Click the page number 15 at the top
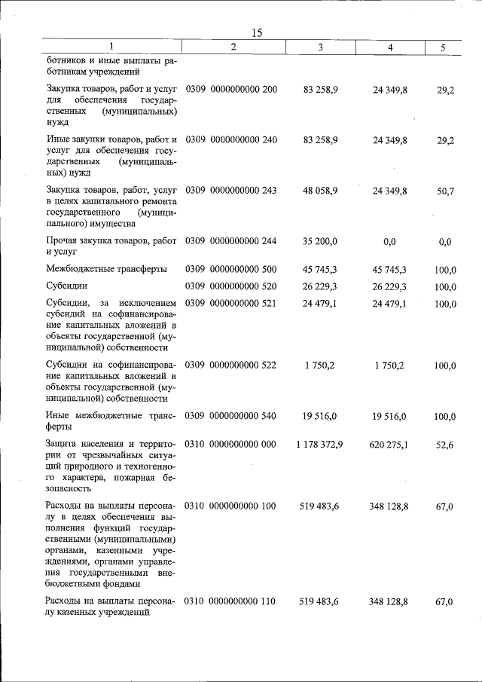coord(256,32)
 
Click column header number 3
coord(320,48)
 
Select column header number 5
coord(443,48)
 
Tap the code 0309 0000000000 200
coord(231,90)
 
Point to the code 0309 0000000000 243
coord(231,191)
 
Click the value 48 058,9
coord(320,191)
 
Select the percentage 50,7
coord(444,191)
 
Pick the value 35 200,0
coord(320,242)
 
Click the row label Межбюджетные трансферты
coord(106,269)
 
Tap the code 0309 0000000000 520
coord(231,287)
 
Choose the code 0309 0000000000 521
coord(231,304)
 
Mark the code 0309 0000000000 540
coord(231,416)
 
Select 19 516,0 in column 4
coord(389,416)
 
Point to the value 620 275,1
coord(389,445)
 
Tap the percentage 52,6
coord(444,445)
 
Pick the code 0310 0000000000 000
coord(231,445)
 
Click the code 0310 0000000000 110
coord(231,601)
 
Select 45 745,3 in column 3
coord(320,269)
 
